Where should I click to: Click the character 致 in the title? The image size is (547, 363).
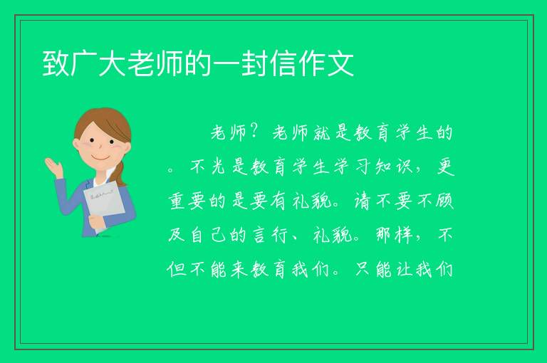[56, 63]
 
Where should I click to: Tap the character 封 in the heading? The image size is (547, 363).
[255, 63]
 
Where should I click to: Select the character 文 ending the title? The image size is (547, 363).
[340, 63]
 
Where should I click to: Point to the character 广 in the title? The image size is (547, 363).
[84, 63]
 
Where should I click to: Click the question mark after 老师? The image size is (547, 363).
[255, 132]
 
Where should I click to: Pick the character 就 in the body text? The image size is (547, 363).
[321, 132]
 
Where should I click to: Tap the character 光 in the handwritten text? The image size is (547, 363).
[219, 167]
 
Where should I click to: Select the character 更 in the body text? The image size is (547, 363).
[445, 167]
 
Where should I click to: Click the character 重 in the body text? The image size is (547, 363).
[177, 201]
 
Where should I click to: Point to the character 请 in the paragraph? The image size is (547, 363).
[363, 201]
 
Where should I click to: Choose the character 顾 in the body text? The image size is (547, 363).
[445, 201]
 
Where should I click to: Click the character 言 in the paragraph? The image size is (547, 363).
[259, 236]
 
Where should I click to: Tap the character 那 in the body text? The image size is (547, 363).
[383, 236]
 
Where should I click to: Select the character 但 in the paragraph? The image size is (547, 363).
[177, 270]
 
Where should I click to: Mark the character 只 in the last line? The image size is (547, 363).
[363, 270]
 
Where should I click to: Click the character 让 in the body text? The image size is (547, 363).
[404, 270]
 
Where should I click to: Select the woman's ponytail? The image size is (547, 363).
[120, 174]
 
